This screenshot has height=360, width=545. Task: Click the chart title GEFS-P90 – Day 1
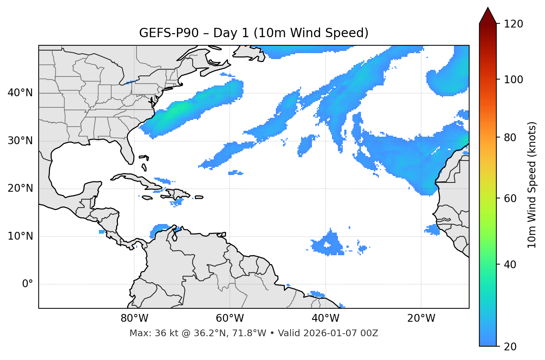click(254, 33)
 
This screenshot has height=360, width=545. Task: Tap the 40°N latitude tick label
click(20, 93)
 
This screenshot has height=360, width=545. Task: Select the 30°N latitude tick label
click(20, 141)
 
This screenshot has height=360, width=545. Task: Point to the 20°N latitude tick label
click(20, 189)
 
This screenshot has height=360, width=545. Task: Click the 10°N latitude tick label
click(20, 237)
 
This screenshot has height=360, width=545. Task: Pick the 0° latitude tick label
click(28, 284)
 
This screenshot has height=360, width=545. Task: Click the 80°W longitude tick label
click(134, 318)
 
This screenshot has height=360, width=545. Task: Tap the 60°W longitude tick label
click(230, 318)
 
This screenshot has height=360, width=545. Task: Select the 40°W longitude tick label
click(326, 318)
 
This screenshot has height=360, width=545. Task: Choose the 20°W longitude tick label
click(421, 318)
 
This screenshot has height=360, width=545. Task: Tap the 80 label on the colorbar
click(510, 137)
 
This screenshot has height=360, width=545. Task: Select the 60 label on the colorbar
click(510, 198)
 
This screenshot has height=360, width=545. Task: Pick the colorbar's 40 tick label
click(510, 265)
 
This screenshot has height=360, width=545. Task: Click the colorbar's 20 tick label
click(510, 347)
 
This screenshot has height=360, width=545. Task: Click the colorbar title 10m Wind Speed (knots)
click(532, 185)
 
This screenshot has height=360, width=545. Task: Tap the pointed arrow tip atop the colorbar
click(488, 9)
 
